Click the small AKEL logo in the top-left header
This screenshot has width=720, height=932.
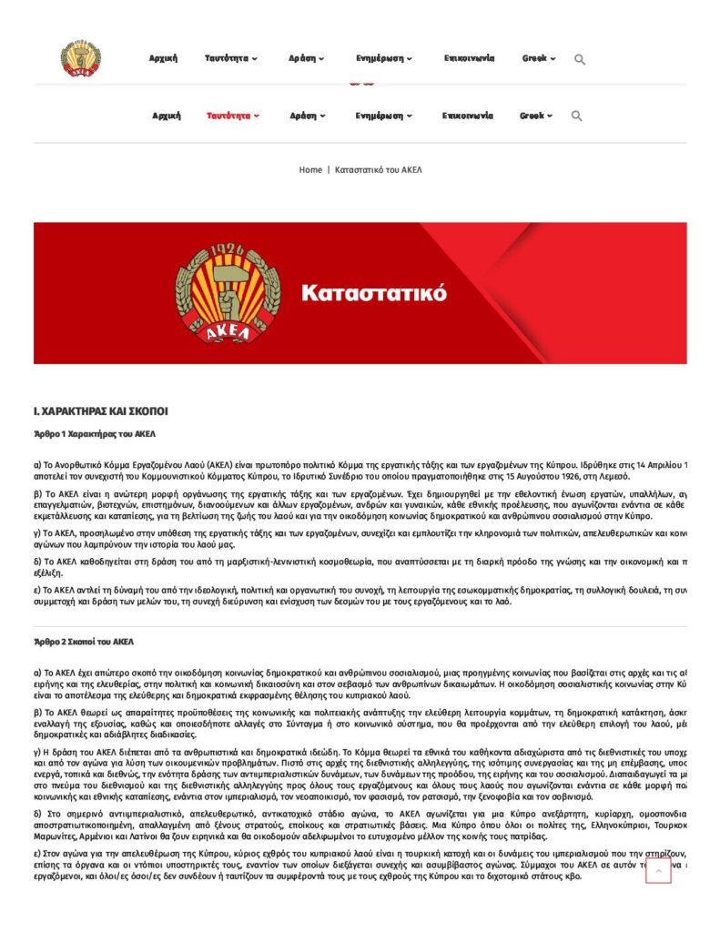tap(81, 58)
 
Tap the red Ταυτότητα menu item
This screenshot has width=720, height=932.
tap(233, 116)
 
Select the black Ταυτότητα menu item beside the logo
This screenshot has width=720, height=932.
tap(231, 58)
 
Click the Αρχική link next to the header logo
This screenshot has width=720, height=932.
tap(163, 58)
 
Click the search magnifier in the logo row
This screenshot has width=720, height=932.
tap(580, 59)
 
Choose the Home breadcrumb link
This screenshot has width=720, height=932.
tap(310, 170)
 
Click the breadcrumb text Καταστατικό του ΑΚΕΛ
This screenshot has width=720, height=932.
tap(379, 170)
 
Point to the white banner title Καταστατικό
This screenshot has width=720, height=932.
tap(374, 293)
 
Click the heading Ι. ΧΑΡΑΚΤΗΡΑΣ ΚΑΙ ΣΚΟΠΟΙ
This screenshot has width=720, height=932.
tap(101, 411)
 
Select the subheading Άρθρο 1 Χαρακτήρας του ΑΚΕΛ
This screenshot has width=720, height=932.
tap(95, 434)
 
